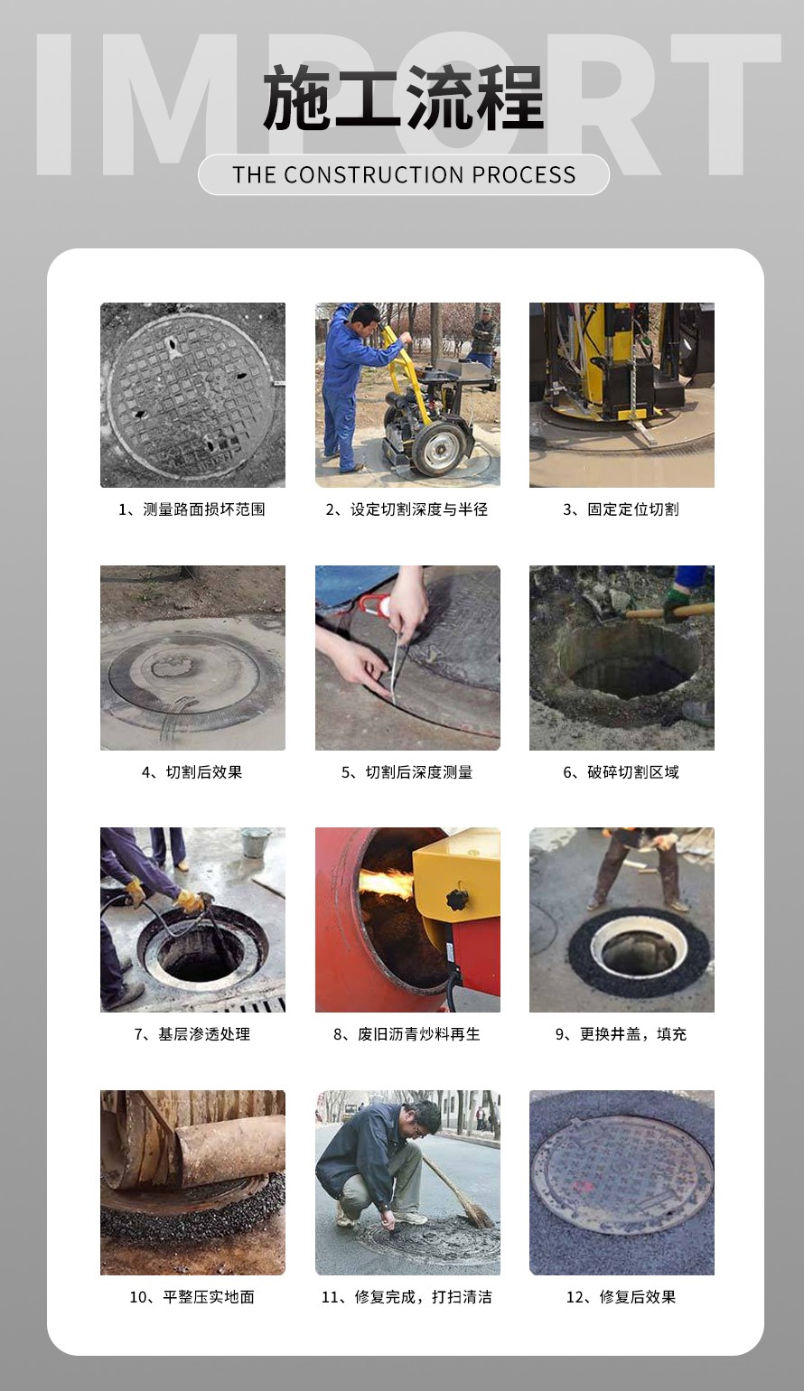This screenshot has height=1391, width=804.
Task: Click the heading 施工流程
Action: tap(404, 99)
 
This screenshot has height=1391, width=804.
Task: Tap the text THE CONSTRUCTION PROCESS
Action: tap(404, 175)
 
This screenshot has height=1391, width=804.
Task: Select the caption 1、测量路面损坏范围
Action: tap(192, 509)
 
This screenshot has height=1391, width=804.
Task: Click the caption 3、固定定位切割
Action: tap(621, 509)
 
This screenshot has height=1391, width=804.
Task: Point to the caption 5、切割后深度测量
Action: tap(407, 772)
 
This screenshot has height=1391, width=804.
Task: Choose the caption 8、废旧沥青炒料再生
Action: tap(407, 1034)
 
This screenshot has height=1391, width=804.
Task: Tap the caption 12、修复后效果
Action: tap(621, 1297)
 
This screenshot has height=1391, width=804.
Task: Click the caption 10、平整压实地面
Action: tap(192, 1297)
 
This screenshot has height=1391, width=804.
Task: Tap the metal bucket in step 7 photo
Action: tap(255, 843)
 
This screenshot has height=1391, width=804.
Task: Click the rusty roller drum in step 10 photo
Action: tap(229, 1150)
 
